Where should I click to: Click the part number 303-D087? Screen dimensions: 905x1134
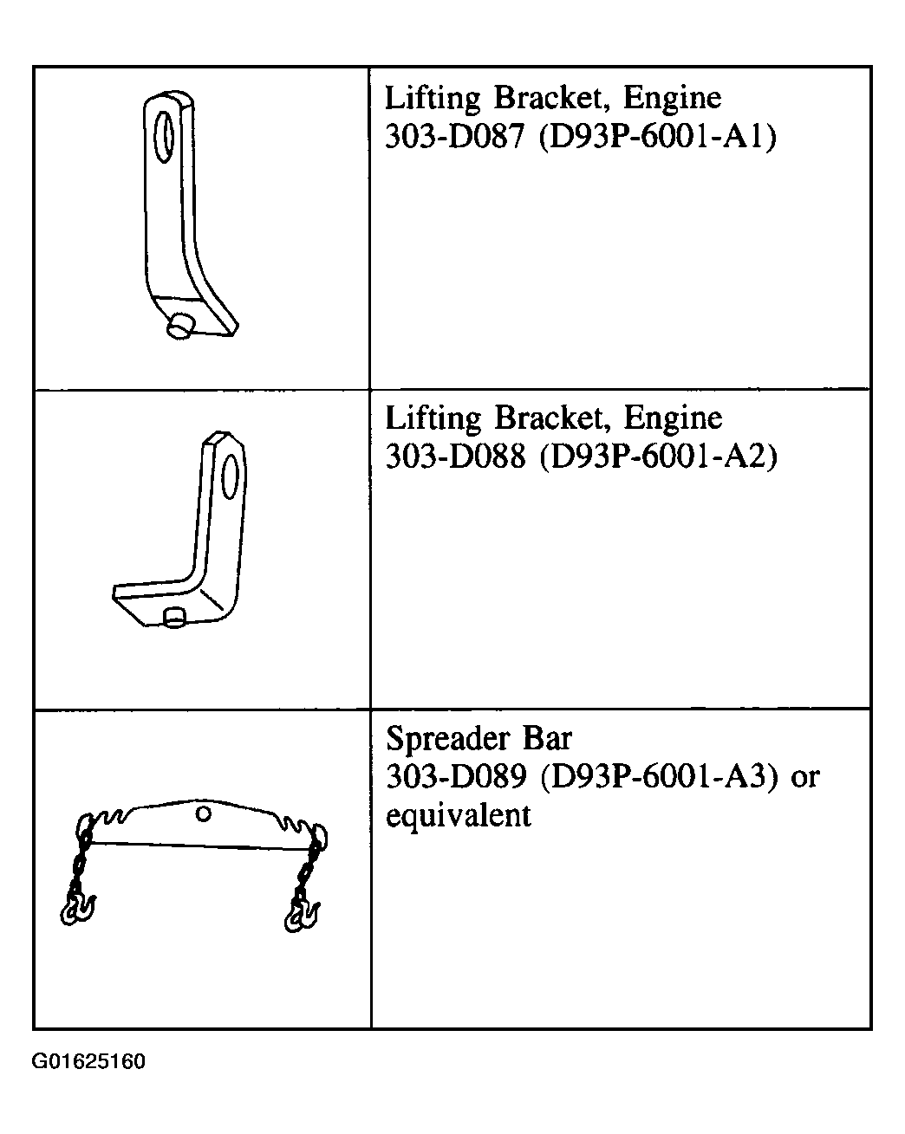point(454,137)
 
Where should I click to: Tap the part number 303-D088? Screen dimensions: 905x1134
point(455,456)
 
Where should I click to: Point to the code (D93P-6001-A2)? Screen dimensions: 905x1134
point(658,457)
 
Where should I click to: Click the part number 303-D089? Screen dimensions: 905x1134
point(456,776)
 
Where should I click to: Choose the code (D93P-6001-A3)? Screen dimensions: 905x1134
point(659,777)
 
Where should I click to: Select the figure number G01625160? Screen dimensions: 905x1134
point(88,1061)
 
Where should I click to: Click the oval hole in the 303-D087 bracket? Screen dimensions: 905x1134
point(164,137)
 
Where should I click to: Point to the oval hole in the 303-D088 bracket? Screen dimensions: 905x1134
point(230,476)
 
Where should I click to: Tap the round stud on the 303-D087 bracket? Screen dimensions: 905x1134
point(179,327)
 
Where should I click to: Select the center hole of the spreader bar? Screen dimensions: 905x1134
point(204,814)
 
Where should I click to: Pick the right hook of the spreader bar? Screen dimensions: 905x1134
point(303,916)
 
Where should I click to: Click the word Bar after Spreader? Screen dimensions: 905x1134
point(547,738)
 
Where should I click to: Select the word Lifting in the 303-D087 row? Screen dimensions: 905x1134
point(432,99)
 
